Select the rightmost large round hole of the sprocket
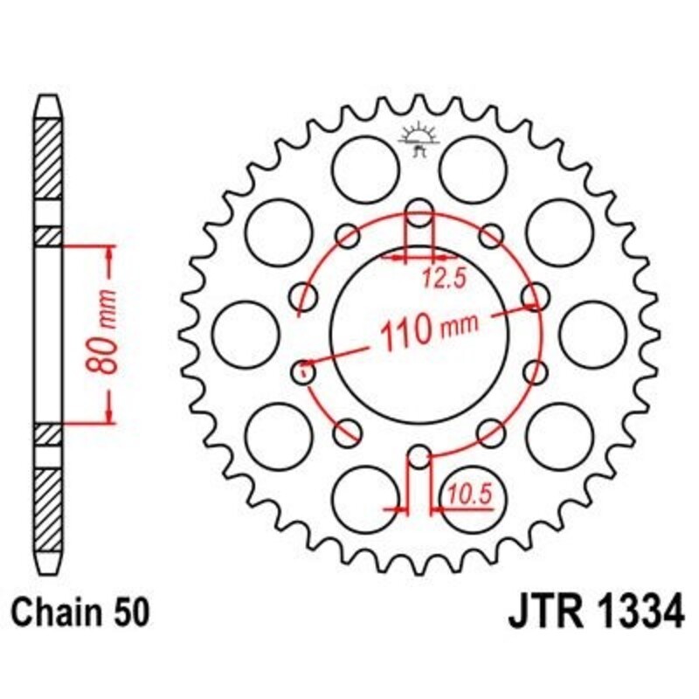(594, 335)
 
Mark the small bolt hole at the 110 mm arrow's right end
(532, 296)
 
